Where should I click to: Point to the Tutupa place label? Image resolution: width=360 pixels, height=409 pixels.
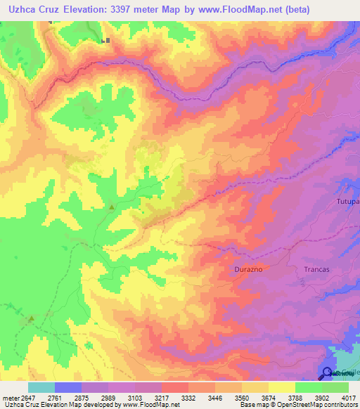pyautogui.click(x=347, y=202)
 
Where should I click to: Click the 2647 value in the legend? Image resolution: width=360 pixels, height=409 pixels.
pyautogui.click(x=30, y=398)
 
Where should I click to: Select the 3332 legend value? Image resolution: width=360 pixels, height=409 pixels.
pyautogui.click(x=188, y=398)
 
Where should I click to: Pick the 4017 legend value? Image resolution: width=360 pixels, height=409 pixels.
pyautogui.click(x=348, y=398)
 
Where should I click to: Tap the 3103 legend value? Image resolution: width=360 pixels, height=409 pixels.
pyautogui.click(x=136, y=398)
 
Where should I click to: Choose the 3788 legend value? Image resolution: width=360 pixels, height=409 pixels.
pyautogui.click(x=295, y=398)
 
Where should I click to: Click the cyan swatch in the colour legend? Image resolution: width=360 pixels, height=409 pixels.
pyautogui.click(x=41, y=387)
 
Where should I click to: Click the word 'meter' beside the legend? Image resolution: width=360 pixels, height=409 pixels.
pyautogui.click(x=11, y=398)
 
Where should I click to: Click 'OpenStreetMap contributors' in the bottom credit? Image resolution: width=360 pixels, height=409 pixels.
pyautogui.click(x=316, y=405)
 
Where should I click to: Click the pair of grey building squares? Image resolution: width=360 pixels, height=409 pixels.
pyautogui.click(x=105, y=41)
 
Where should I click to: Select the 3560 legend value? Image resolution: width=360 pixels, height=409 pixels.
pyautogui.click(x=241, y=398)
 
